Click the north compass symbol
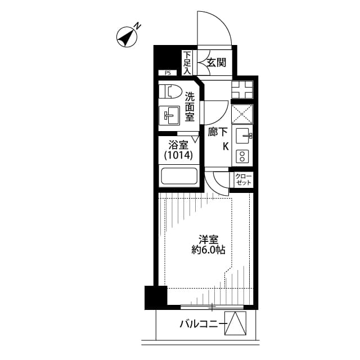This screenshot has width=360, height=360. (127, 37)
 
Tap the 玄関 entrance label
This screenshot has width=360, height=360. (215, 63)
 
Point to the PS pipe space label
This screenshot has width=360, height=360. (167, 73)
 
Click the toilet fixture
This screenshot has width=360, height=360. (169, 91)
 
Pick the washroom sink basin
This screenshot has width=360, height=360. (170, 116)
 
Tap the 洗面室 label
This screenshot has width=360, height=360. (190, 107)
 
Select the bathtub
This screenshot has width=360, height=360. (179, 176)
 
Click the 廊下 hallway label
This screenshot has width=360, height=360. (218, 133)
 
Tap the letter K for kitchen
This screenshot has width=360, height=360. (226, 147)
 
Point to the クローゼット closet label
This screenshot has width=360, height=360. (244, 180)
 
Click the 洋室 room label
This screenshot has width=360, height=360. (207, 238)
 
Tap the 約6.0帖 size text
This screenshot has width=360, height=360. (207, 250)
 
